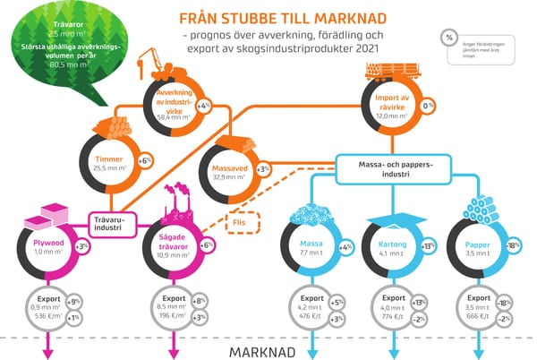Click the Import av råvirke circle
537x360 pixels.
point(391,107)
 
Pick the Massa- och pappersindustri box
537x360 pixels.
point(391,169)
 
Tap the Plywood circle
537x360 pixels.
point(44,246)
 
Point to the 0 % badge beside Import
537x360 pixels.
point(428,106)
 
